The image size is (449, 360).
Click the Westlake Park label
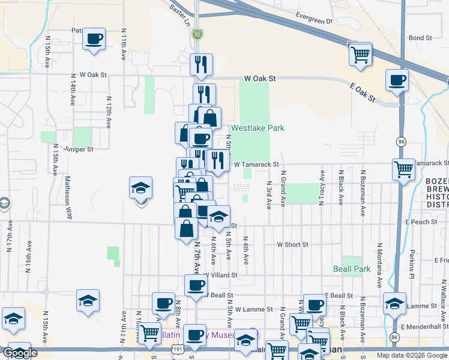pyautogui.click(x=258, y=128)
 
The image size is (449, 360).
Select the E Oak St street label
pyautogui.click(x=363, y=92)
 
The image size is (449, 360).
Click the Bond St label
pyautogui.click(x=420, y=38)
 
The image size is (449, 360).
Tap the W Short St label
pyautogui.click(x=292, y=245)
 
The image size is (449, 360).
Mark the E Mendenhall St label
pyautogui.click(x=424, y=326)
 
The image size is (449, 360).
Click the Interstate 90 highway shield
pyautogui.click(x=197, y=35)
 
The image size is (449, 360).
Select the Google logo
pyautogui.click(x=20, y=353)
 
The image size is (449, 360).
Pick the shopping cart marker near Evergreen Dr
pyautogui.click(x=360, y=54)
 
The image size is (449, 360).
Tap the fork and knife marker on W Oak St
pyautogui.click(x=202, y=63)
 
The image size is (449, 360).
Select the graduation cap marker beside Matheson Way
pyautogui.click(x=140, y=189)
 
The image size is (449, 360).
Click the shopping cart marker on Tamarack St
pyautogui.click(x=403, y=170)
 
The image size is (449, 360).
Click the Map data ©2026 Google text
pyautogui.click(x=411, y=355)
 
